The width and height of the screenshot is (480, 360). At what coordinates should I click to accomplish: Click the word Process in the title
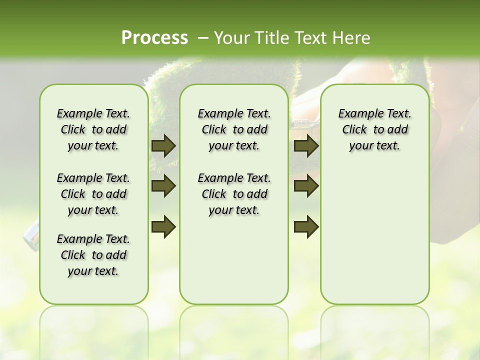[154, 37]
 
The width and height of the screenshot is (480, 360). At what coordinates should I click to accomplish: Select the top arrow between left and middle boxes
[163, 146]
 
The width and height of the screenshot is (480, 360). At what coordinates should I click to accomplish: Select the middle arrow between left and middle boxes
[163, 186]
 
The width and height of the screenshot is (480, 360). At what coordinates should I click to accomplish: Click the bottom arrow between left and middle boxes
[163, 226]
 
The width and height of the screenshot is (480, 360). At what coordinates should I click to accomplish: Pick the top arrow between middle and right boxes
[306, 146]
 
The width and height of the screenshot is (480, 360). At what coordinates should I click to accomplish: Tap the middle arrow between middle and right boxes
[306, 186]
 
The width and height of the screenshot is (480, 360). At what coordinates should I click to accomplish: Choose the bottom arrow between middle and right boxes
[306, 226]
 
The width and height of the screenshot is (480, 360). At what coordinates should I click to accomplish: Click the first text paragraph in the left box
[93, 129]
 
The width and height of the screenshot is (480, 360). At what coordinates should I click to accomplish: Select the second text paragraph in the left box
[93, 194]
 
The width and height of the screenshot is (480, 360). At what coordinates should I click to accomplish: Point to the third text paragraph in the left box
[93, 255]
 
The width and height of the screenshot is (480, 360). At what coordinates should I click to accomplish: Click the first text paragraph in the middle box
[234, 129]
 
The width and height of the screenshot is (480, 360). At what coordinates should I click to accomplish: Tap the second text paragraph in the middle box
[234, 194]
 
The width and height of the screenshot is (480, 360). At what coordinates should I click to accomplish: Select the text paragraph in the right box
[374, 129]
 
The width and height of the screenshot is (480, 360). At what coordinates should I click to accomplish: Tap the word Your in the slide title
[230, 37]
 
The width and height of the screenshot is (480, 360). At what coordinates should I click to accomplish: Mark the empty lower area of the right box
[374, 235]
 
